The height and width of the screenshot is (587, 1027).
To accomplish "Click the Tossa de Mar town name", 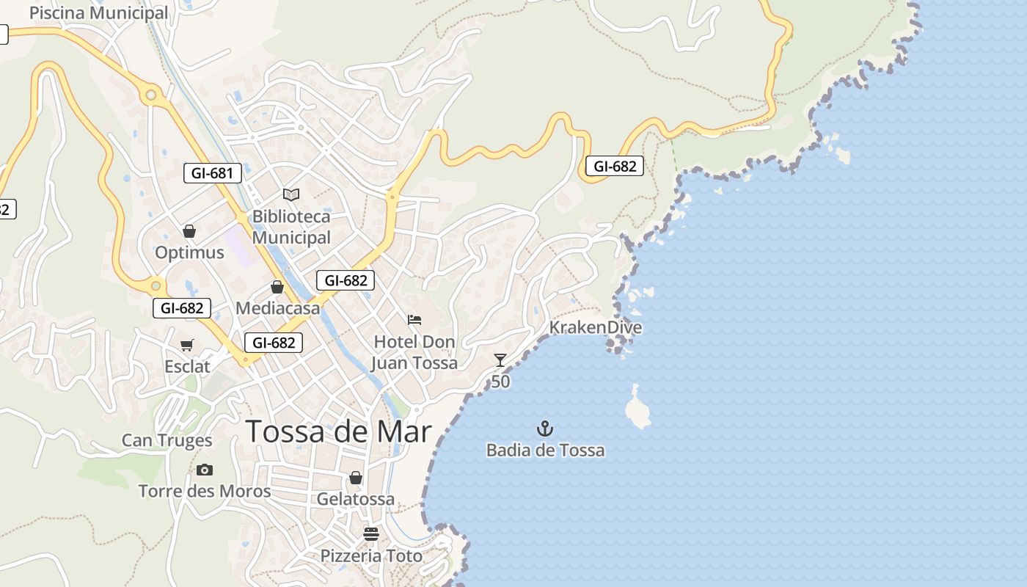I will point(338,431).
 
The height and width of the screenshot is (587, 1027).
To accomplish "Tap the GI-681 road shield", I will point(212,173).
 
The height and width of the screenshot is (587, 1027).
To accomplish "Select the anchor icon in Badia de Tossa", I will point(545,429).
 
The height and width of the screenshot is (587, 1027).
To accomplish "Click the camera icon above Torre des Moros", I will point(205,470).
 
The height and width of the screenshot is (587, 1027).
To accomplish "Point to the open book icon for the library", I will point(291,194).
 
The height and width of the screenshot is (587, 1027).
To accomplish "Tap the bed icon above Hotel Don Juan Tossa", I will point(414,320).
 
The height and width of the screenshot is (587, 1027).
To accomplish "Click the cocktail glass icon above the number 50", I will point(500,360).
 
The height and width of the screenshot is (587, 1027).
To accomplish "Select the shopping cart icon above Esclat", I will point(187,345).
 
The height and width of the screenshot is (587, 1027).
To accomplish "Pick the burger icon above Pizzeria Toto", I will point(370,533).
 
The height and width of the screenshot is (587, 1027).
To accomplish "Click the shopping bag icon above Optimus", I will point(189,231).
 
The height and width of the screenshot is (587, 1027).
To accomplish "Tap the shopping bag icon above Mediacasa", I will point(277,287).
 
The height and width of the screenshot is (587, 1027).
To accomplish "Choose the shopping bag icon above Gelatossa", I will point(356,478).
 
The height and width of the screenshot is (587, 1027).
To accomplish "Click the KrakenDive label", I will point(596,327).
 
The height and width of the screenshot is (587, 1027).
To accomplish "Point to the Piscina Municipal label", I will point(98,13).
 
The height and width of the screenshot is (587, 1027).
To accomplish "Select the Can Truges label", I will point(167,440).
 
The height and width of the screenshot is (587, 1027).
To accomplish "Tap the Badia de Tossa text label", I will point(545,450).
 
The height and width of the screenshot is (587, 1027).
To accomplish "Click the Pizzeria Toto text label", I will point(371,555).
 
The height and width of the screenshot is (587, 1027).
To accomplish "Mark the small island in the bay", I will point(637,409).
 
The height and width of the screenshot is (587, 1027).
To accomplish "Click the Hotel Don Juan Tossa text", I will point(414,352).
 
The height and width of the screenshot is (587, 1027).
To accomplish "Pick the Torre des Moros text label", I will point(205,491).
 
